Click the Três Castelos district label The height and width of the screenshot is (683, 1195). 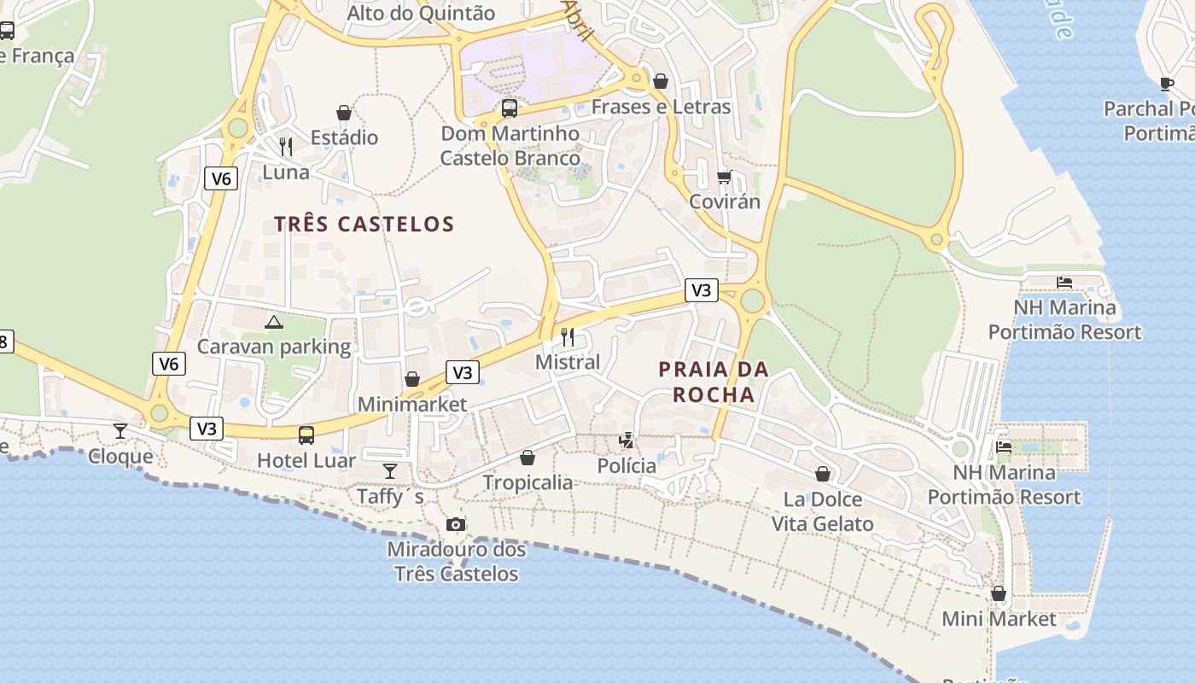pyautogui.click(x=364, y=224)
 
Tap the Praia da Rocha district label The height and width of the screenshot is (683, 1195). pyautogui.click(x=714, y=382)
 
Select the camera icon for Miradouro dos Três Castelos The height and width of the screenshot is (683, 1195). pyautogui.click(x=456, y=524)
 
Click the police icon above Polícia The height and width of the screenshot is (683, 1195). pyautogui.click(x=627, y=440)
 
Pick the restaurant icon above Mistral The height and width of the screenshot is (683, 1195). pyautogui.click(x=568, y=336)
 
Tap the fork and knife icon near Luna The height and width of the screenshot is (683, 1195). pyautogui.click(x=286, y=147)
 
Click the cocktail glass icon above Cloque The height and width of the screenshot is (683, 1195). pyautogui.click(x=120, y=430)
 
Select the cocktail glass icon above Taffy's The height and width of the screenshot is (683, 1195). pyautogui.click(x=390, y=470)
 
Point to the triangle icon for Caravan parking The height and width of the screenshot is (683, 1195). pyautogui.click(x=273, y=322)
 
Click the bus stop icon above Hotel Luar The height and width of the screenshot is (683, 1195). pyautogui.click(x=306, y=435)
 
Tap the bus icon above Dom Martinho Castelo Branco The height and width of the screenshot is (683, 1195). pyautogui.click(x=510, y=108)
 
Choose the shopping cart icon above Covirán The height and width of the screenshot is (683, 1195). pyautogui.click(x=725, y=177)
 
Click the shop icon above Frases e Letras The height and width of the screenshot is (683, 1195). pyautogui.click(x=661, y=81)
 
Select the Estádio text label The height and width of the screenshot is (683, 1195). pyautogui.click(x=344, y=137)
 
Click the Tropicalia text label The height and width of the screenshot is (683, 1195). pyautogui.click(x=528, y=482)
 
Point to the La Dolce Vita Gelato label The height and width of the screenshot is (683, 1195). pyautogui.click(x=823, y=511)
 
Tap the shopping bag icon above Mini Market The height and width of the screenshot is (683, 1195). pyautogui.click(x=999, y=593)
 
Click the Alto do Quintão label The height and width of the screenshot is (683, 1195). pyautogui.click(x=421, y=13)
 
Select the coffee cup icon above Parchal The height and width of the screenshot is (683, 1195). pyautogui.click(x=1167, y=84)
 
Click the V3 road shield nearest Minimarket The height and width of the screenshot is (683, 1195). pyautogui.click(x=462, y=372)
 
